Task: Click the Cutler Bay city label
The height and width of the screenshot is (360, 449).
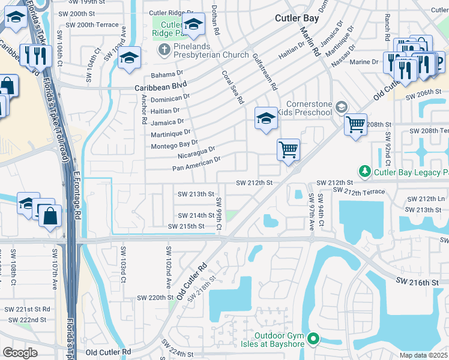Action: [x=297, y=18]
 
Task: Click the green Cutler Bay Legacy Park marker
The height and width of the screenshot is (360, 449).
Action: [x=364, y=172]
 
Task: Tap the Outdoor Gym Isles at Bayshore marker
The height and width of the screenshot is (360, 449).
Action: [x=313, y=340]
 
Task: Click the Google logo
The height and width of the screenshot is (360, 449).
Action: [x=20, y=353]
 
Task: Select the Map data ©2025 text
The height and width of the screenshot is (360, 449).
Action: [x=423, y=355]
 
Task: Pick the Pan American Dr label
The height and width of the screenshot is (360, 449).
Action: [x=197, y=164]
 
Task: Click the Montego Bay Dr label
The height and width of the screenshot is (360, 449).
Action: [x=174, y=145]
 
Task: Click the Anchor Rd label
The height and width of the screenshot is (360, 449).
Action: [x=145, y=109]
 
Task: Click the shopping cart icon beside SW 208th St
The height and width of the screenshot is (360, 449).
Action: [x=355, y=124]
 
